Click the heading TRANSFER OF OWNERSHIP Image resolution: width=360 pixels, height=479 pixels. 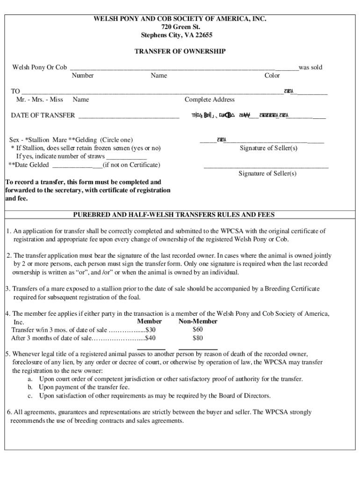click(180, 51)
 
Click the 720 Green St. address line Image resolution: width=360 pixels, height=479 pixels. click(180, 27)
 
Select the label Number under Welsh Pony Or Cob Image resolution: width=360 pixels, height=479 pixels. click(82, 75)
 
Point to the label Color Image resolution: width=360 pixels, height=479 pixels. click(272, 75)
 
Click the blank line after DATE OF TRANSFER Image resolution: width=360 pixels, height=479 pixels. click(129, 116)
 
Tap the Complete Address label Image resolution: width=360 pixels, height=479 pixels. click(209, 100)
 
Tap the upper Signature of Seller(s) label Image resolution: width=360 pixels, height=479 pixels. click(268, 148)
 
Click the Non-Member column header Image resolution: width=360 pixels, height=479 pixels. click(198, 321)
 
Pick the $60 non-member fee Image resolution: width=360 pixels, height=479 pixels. click(198, 329)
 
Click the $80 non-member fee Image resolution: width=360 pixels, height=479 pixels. click(198, 338)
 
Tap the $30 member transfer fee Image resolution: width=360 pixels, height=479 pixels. click(151, 330)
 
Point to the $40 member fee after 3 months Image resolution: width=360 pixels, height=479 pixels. click(151, 338)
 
